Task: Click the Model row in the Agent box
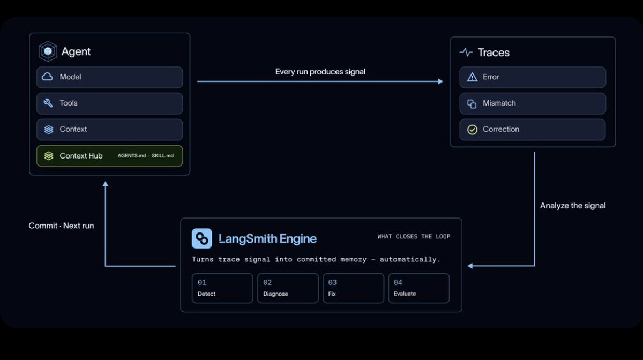pyautogui.click(x=109, y=77)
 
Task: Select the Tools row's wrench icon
pyautogui.click(x=48, y=103)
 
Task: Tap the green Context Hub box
pyautogui.click(x=109, y=156)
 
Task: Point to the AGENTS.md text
pyautogui.click(x=132, y=155)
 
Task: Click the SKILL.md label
pyautogui.click(x=162, y=155)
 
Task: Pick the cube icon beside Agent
pyautogui.click(x=48, y=51)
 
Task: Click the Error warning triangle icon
pyautogui.click(x=472, y=77)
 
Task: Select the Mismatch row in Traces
pyautogui.click(x=533, y=103)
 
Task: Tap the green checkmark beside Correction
pyautogui.click(x=472, y=130)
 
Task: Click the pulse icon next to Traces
pyautogui.click(x=466, y=52)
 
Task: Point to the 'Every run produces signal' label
pyautogui.click(x=320, y=72)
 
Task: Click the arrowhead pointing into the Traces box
pyautogui.click(x=440, y=81)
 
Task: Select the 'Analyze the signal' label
pyautogui.click(x=573, y=206)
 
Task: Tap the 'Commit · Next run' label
pyautogui.click(x=61, y=226)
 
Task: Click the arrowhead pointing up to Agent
pyautogui.click(x=106, y=184)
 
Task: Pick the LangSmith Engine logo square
pyautogui.click(x=202, y=238)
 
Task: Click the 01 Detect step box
pyautogui.click(x=222, y=288)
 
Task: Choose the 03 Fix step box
pyautogui.click(x=353, y=288)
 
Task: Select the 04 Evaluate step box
pyautogui.click(x=419, y=288)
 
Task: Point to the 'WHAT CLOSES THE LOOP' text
pyautogui.click(x=414, y=237)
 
